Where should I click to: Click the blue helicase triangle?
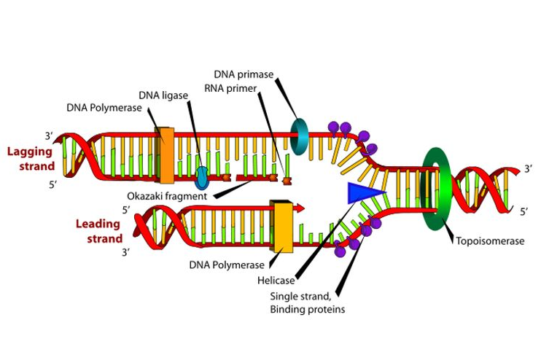(x=362, y=193)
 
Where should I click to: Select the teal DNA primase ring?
(x=293, y=136)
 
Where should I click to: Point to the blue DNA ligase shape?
(x=202, y=178)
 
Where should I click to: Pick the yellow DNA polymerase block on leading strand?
(x=282, y=225)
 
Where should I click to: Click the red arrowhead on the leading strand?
(x=300, y=208)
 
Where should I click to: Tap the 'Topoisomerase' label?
(x=490, y=240)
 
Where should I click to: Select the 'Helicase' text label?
(x=276, y=281)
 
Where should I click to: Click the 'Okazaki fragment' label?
(x=167, y=196)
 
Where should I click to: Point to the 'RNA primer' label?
(x=230, y=89)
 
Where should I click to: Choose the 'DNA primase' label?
(x=244, y=74)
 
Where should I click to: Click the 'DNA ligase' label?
(x=163, y=95)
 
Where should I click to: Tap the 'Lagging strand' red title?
(x=31, y=159)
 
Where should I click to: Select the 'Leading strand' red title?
(x=99, y=231)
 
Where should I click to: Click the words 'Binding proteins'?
(x=308, y=309)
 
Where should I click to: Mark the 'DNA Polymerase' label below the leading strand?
(x=227, y=265)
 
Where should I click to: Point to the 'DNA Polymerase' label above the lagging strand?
(x=104, y=108)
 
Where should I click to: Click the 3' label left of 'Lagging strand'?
(x=49, y=136)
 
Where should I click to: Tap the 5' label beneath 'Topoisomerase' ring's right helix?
(x=524, y=211)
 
